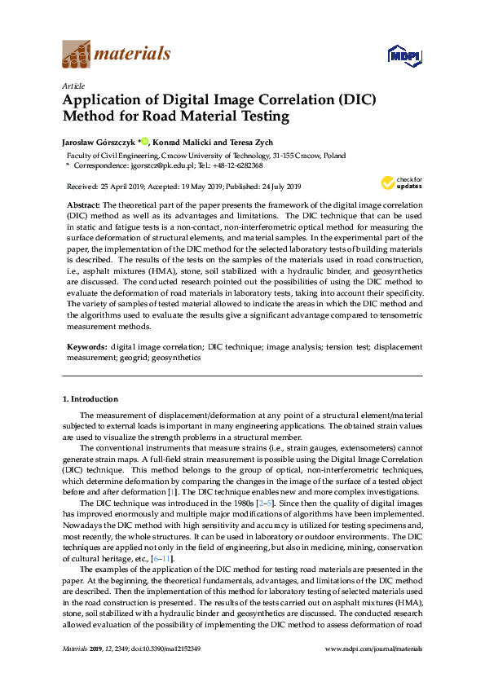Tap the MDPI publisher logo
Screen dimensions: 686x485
coord(404,55)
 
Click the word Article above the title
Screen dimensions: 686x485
coord(73,85)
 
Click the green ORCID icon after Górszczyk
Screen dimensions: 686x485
coord(146,141)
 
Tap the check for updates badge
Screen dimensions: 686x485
coord(395,183)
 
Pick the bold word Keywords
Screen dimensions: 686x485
coord(86,347)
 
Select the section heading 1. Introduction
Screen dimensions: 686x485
coord(90,399)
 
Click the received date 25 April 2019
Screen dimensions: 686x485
coord(123,186)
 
